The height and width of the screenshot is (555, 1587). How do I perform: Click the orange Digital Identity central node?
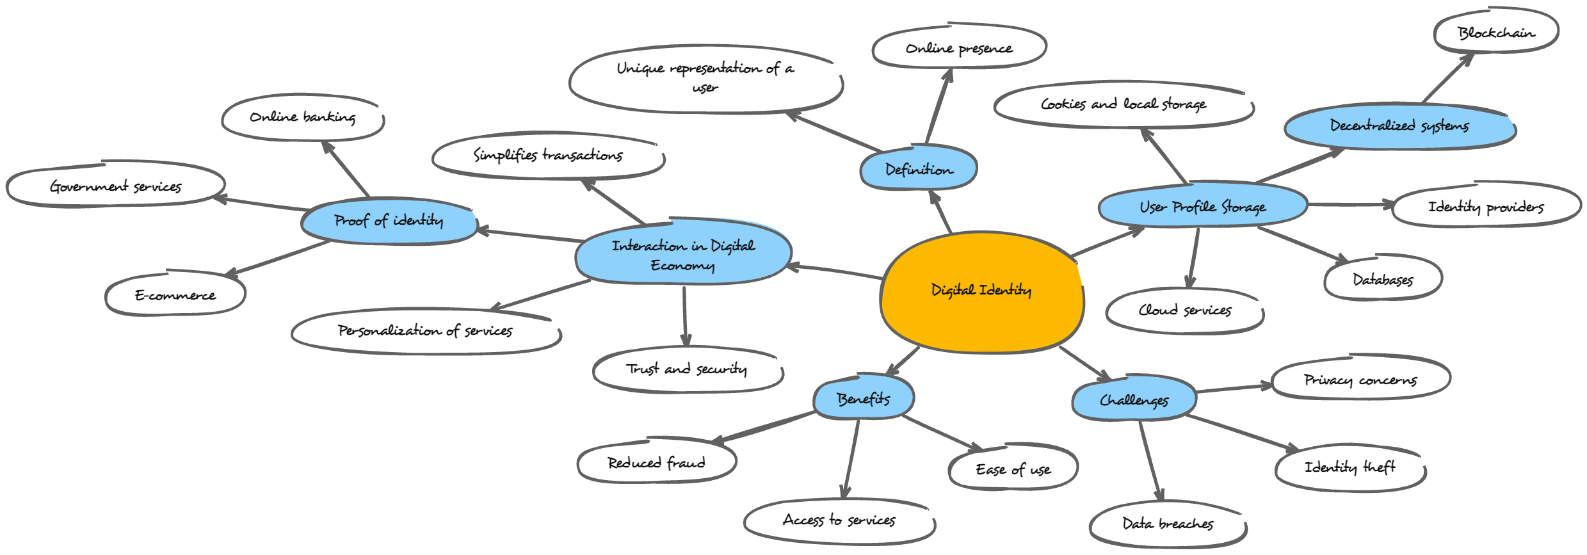point(981,291)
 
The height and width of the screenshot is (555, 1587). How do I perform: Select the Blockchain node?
point(1496,32)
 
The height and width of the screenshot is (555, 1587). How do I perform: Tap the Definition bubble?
point(918,169)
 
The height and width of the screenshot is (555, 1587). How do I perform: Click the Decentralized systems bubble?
point(1399,125)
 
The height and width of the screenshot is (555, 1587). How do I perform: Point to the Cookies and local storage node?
point(1123,104)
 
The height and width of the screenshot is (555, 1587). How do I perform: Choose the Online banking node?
point(302,117)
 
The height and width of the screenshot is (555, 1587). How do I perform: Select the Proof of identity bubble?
point(389,221)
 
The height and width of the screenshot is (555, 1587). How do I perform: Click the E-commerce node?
point(175,295)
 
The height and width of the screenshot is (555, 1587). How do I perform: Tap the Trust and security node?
point(687,369)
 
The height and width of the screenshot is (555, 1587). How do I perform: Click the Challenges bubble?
point(1134,400)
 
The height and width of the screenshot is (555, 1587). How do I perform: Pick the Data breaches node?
point(1168,524)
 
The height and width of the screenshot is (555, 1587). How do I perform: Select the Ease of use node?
point(1013,469)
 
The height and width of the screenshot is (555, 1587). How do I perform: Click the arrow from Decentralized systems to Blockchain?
point(1447,79)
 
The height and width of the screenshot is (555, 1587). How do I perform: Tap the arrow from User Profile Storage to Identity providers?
point(1349,205)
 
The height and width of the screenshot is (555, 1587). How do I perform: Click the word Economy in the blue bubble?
point(682,265)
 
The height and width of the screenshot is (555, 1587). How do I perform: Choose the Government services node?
point(116,186)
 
